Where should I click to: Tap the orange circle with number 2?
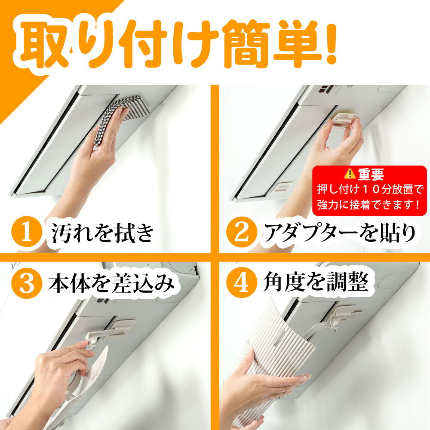click(x=241, y=233)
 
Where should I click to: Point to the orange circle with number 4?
click(x=241, y=284)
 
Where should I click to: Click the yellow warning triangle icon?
click(x=350, y=174)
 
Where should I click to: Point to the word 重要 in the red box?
click(x=370, y=174)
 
